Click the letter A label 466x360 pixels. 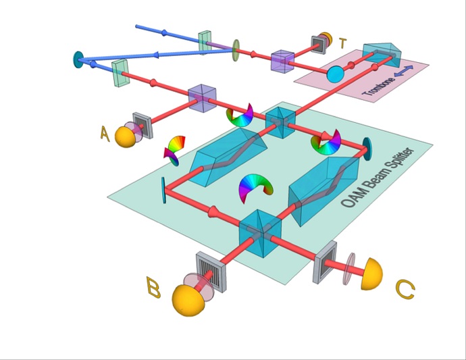pos(105,133)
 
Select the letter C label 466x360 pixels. pos(405,290)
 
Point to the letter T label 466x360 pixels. pos(343,44)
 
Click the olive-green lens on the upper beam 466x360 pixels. pos(236,49)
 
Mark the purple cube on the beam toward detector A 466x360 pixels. pos(201,98)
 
